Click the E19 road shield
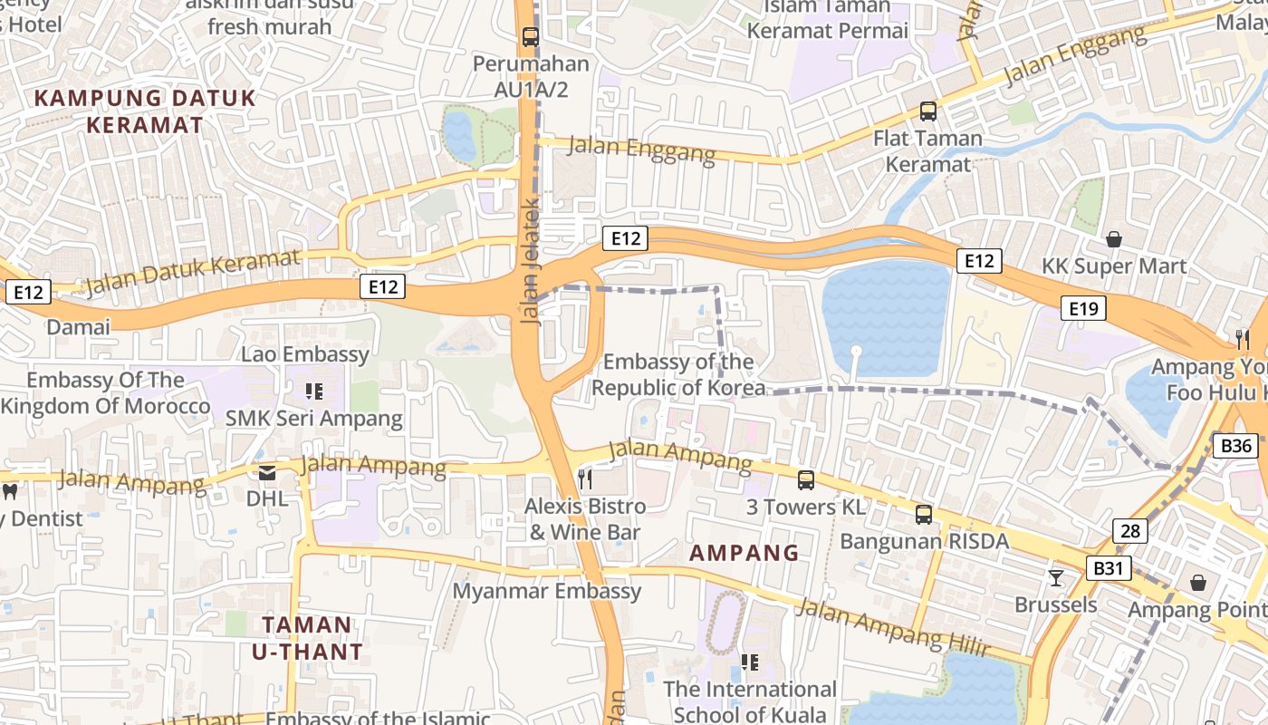(x=1083, y=309)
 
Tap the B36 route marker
(x=1235, y=445)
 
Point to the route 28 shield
(x=1129, y=531)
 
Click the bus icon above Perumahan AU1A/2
(x=531, y=37)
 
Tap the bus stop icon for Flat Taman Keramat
(x=927, y=111)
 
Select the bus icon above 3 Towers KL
(x=805, y=480)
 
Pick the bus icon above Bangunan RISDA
(x=923, y=515)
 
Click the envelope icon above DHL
(x=267, y=472)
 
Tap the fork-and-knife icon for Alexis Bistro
(x=585, y=478)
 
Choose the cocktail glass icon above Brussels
(x=1055, y=577)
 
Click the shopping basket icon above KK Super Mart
(x=1113, y=239)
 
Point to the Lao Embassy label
(x=305, y=354)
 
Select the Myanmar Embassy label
(x=547, y=592)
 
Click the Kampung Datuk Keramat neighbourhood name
(x=145, y=111)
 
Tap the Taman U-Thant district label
(x=307, y=637)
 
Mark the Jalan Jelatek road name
(x=531, y=267)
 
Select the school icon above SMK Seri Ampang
(x=314, y=391)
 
